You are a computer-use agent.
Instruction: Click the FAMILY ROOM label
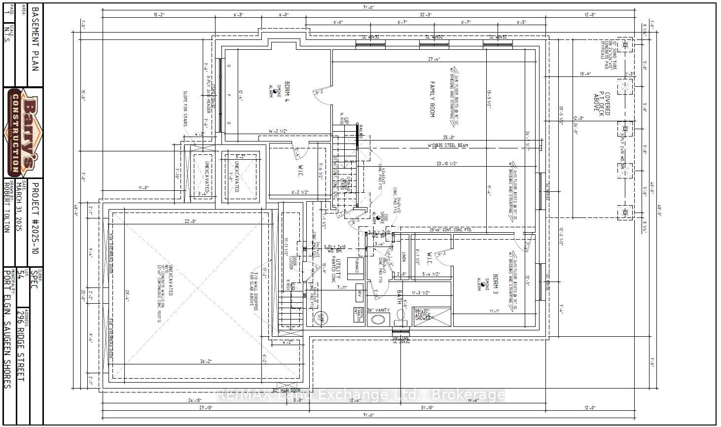(433, 99)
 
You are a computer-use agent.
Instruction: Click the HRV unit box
(359, 294)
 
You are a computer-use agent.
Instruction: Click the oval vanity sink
(378, 320)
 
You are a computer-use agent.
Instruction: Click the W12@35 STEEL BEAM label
(447, 145)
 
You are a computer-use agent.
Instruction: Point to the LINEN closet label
(403, 257)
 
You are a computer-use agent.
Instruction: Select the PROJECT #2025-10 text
(34, 217)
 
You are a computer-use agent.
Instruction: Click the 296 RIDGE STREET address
(20, 345)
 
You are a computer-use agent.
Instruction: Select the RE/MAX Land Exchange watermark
(361, 395)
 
